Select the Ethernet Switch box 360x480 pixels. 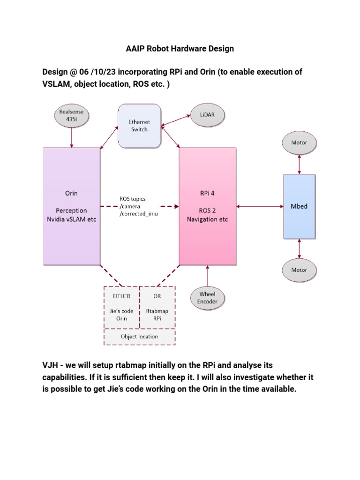[x=139, y=125]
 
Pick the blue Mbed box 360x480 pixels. [x=299, y=206]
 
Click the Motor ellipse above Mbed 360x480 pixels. [x=299, y=142]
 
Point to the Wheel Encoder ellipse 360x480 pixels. [x=207, y=298]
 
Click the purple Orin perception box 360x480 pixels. [x=72, y=206]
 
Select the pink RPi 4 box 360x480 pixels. [x=207, y=206]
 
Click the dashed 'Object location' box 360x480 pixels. [x=139, y=337]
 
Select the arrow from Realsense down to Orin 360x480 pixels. [x=71, y=138]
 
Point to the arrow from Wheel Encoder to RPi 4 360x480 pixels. [x=207, y=275]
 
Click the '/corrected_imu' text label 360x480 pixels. [x=139, y=213]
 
